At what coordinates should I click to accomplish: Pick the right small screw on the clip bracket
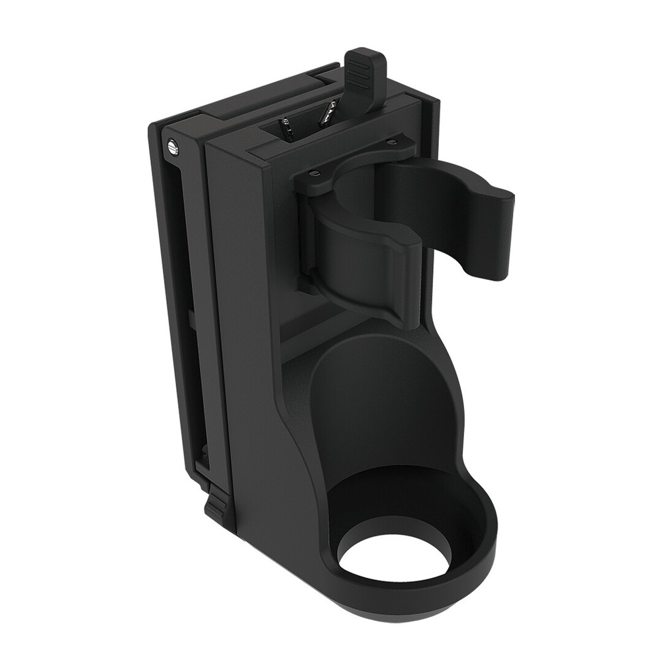coord(393,141)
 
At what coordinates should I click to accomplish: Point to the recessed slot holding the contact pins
coord(305,126)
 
